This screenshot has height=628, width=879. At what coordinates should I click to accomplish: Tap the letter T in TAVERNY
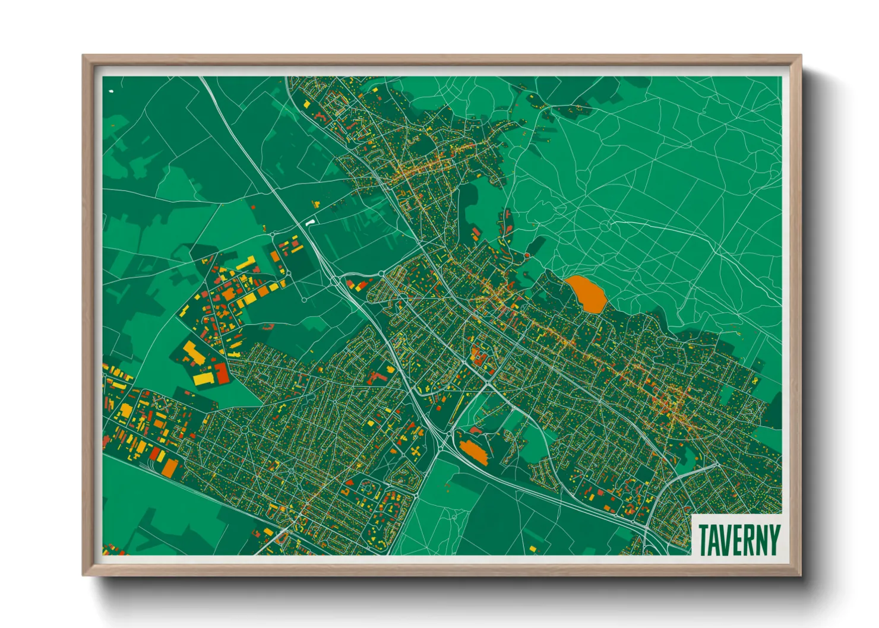(704, 540)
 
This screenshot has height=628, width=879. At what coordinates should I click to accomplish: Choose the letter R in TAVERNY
(750, 540)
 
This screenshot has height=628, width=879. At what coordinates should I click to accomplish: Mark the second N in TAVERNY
(761, 540)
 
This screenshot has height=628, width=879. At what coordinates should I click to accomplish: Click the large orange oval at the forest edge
(586, 293)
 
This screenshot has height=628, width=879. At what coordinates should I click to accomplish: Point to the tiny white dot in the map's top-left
(111, 91)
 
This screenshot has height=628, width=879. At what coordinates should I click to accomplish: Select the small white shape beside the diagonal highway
(309, 223)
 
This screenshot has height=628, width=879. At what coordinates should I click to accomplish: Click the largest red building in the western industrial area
(221, 373)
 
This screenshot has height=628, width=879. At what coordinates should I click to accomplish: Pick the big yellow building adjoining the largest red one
(204, 378)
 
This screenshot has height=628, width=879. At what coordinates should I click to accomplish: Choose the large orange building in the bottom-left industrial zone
(170, 468)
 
